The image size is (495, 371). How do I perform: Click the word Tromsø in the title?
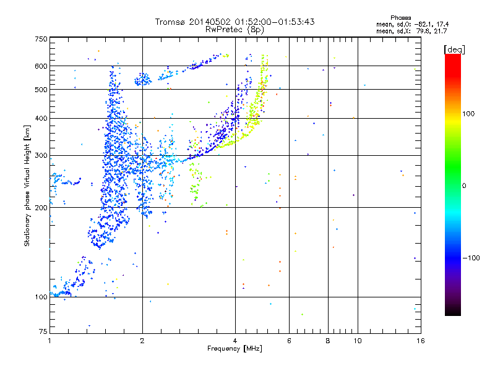pyautogui.click(x=170, y=22)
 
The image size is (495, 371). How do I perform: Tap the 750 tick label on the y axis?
pyautogui.click(x=41, y=39)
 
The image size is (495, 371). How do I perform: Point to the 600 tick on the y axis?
pyautogui.click(x=41, y=66)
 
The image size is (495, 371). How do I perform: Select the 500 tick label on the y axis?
pyautogui.click(x=41, y=90)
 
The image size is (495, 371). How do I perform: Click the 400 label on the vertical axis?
pyautogui.click(x=41, y=118)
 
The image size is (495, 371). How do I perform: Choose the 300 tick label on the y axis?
pyautogui.click(x=41, y=155)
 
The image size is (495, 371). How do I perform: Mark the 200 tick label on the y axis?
pyautogui.click(x=41, y=208)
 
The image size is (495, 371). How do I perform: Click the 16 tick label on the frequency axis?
pyautogui.click(x=420, y=341)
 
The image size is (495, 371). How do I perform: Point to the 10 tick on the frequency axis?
pyautogui.click(x=357, y=341)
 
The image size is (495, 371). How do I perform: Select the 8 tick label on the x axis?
pyautogui.click(x=328, y=341)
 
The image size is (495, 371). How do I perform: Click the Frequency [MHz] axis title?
pyautogui.click(x=235, y=349)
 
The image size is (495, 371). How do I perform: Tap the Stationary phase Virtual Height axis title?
pyautogui.click(x=27, y=185)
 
